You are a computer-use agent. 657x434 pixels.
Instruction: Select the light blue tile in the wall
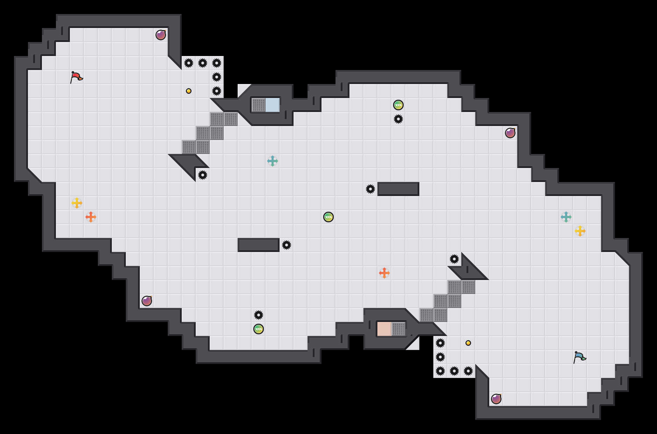[x=273, y=105]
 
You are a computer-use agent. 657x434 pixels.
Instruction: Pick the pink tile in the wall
[x=384, y=329]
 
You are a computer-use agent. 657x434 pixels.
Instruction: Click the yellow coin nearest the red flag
[x=189, y=91]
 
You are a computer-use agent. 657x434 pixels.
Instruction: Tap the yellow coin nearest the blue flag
[x=468, y=343]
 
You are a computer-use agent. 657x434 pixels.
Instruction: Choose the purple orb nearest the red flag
[x=161, y=35]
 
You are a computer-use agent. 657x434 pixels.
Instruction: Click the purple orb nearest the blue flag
[x=496, y=399]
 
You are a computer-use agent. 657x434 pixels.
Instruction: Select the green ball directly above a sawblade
[x=398, y=105]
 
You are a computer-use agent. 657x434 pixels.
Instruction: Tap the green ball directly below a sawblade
[x=259, y=329]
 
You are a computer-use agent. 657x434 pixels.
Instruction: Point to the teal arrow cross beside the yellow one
[x=566, y=217]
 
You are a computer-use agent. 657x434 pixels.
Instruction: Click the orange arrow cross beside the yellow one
[x=91, y=217]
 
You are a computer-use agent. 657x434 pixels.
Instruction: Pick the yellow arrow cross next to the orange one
[x=77, y=203]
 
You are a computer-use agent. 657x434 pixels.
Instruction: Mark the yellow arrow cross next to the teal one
[x=580, y=231]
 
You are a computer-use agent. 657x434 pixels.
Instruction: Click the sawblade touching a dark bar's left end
[x=370, y=189]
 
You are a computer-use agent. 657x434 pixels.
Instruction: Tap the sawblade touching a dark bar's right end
[x=287, y=245]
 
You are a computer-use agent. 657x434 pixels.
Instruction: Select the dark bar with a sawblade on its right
[x=259, y=245]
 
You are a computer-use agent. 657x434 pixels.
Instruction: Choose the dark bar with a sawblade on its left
[x=398, y=189]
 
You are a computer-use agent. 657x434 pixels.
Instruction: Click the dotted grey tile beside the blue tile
[x=259, y=105]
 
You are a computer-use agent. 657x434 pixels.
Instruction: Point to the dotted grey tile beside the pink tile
[x=398, y=329]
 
